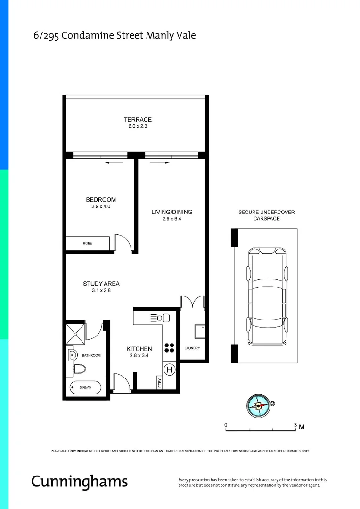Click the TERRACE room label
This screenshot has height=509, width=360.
pyautogui.click(x=138, y=120)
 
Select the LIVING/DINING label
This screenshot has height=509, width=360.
pyautogui.click(x=172, y=212)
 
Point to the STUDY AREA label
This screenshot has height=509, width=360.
pyautogui.click(x=101, y=284)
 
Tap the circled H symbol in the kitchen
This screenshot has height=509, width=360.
pyautogui.click(x=169, y=370)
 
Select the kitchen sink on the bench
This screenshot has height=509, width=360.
pyautogui.click(x=157, y=318)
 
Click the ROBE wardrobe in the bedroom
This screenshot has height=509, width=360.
pyautogui.click(x=88, y=243)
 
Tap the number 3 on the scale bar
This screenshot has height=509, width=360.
pyautogui.click(x=295, y=425)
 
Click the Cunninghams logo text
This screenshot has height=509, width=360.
pyautogui.click(x=79, y=481)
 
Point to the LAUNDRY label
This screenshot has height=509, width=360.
pyautogui.click(x=192, y=348)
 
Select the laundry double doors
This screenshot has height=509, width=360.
pyautogui.click(x=192, y=302)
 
